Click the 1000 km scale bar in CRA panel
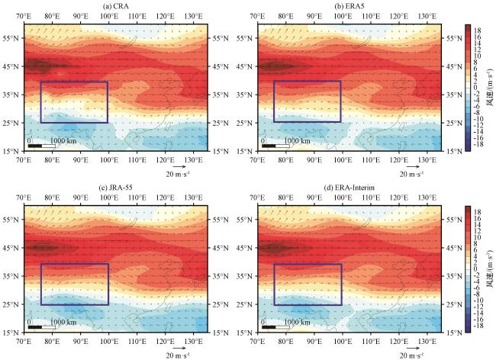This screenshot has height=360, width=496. (35, 145)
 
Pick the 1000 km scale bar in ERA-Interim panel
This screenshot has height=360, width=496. (268, 326)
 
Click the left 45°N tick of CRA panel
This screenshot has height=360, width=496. (11, 66)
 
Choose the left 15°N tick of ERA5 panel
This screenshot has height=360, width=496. (245, 150)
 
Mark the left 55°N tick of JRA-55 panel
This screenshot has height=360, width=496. (11, 220)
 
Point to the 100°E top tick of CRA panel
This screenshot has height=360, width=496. (108, 15)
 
